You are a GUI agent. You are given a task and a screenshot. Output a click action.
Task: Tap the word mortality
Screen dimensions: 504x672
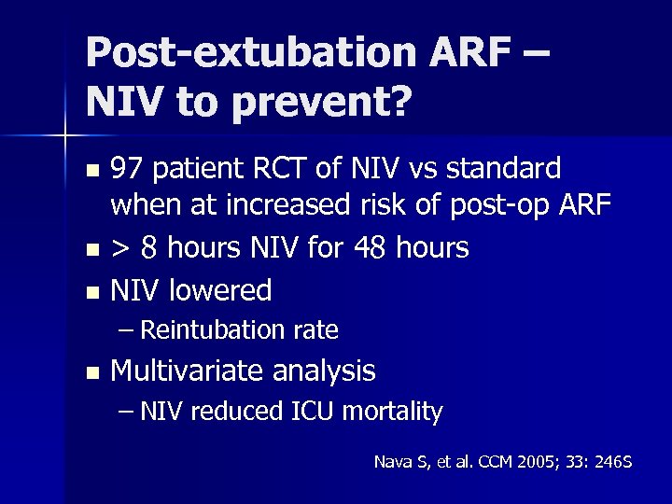pyautogui.click(x=397, y=411)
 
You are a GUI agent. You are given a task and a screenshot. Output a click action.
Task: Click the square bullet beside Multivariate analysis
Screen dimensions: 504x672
pyautogui.click(x=91, y=372)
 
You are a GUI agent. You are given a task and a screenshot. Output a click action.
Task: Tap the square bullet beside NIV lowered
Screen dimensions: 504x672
pyautogui.click(x=91, y=292)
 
